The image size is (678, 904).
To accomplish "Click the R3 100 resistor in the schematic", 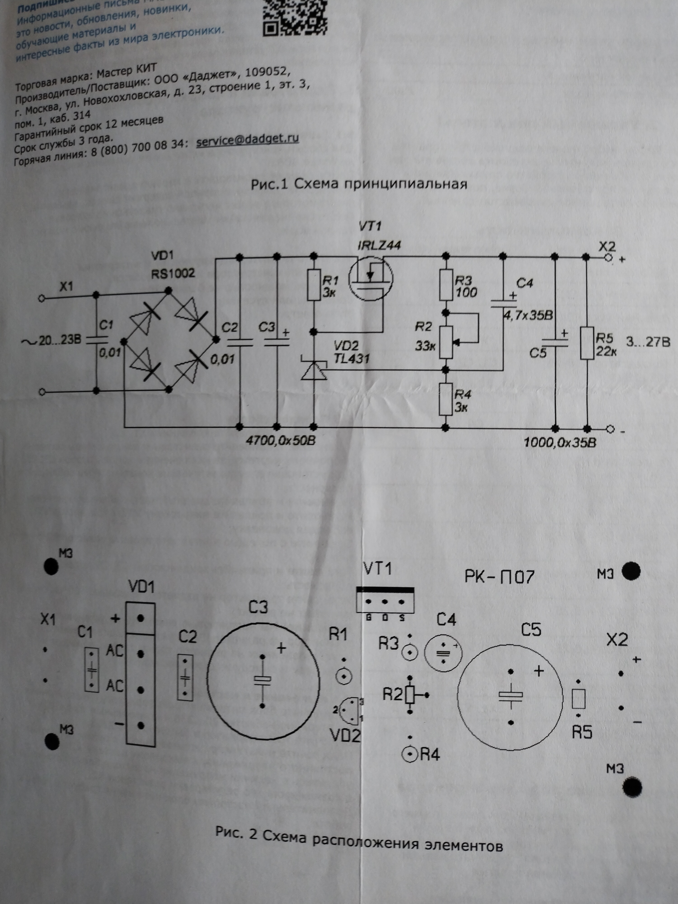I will [446, 285].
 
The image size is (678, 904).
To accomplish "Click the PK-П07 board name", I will [499, 577].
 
